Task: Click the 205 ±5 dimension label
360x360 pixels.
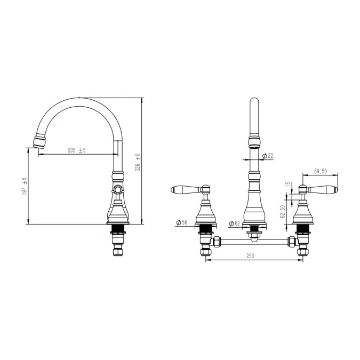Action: click(x=76, y=150)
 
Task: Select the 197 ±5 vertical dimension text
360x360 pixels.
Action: click(x=25, y=186)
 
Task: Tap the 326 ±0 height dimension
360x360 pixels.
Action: click(x=138, y=163)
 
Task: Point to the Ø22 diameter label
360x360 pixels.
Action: click(x=268, y=156)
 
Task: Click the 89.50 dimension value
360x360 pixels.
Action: click(x=321, y=171)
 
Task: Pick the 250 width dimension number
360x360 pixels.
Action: click(x=250, y=256)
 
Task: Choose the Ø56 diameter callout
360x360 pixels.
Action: click(x=182, y=222)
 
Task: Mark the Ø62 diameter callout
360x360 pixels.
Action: click(x=235, y=223)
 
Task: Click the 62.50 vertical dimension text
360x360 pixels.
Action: click(x=283, y=211)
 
